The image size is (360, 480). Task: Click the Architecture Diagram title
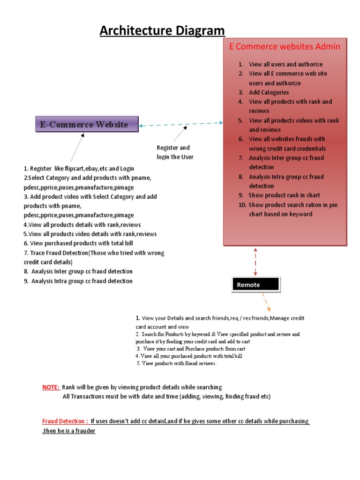162,31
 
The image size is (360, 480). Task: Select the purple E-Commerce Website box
87,124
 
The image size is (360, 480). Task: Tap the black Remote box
256,285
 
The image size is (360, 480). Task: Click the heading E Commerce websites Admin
285,47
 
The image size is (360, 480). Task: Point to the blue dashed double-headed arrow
181,124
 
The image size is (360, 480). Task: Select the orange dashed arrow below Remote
266,301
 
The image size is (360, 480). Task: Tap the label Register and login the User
175,152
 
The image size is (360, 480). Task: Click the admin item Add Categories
269,92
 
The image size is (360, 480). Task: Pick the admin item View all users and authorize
285,64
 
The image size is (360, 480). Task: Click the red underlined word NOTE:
51,387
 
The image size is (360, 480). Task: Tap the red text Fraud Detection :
65,421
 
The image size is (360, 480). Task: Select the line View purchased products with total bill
78,243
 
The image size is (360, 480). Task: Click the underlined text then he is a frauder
69,430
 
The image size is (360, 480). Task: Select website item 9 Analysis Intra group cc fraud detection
78,281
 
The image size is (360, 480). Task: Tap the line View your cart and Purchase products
191,349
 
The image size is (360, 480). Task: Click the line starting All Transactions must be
166,397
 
